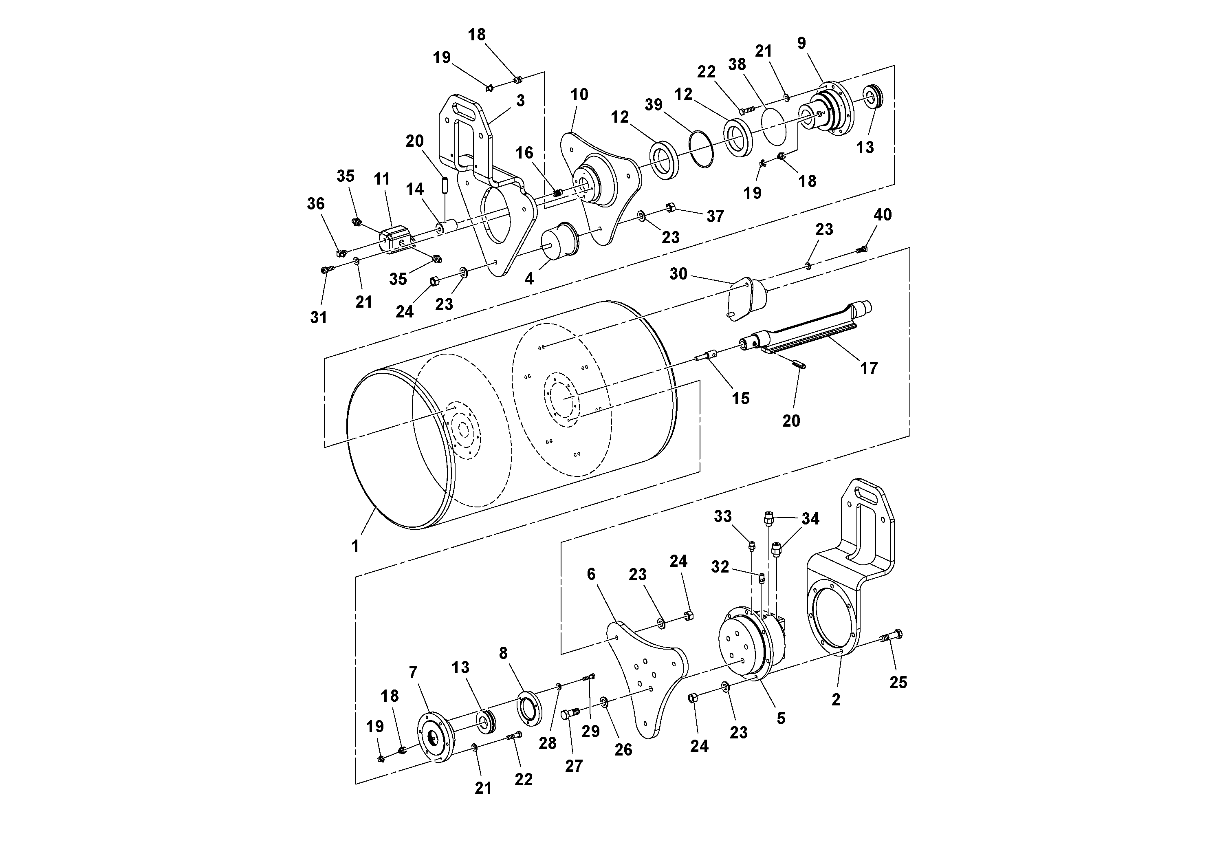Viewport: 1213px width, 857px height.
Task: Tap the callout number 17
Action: [x=869, y=368]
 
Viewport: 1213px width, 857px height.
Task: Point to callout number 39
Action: [x=654, y=105]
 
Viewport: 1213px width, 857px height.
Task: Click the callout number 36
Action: [x=316, y=204]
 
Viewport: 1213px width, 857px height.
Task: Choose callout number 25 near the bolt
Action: [x=898, y=683]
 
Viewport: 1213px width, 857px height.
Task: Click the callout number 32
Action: [x=720, y=567]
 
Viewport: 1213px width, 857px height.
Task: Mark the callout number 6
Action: [x=591, y=574]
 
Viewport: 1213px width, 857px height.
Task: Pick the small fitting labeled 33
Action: [x=752, y=545]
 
